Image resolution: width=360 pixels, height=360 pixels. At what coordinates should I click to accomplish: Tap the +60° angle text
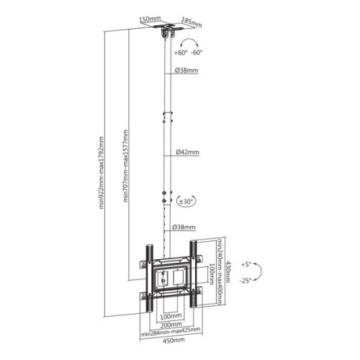click(178, 53)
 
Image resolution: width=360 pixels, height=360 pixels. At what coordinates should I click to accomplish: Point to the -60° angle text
click(197, 53)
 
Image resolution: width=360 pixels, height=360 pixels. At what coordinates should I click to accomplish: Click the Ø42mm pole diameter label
click(187, 153)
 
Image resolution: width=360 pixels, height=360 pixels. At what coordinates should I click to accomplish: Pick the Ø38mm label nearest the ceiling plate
click(187, 71)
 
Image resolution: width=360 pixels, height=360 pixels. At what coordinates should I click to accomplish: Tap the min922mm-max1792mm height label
click(102, 173)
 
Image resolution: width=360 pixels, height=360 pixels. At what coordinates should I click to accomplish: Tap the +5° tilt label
click(247, 264)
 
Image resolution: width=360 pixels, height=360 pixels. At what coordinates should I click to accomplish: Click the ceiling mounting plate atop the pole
click(170, 32)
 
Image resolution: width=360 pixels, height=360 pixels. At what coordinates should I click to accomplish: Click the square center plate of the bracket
click(171, 277)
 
